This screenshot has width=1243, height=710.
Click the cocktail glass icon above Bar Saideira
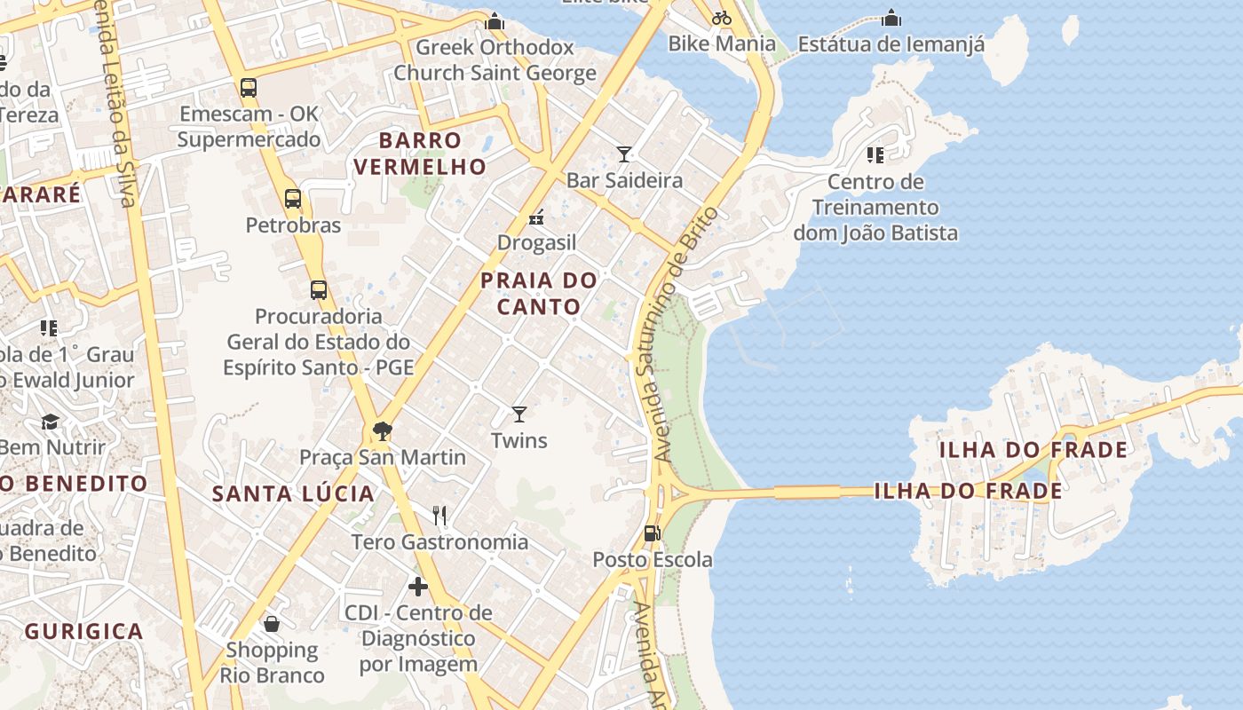624,154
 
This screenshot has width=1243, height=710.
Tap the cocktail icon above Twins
519,414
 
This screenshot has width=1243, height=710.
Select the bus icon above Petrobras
293,199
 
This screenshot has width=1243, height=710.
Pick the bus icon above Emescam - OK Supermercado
249,88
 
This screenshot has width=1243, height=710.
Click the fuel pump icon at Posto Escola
652,533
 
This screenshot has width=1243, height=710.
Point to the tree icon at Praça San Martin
383,431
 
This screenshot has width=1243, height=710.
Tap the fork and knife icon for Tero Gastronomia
439,515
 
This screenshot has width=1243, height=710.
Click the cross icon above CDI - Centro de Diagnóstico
418,587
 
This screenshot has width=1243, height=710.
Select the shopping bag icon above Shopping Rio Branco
272,624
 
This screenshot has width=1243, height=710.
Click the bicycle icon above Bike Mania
722,17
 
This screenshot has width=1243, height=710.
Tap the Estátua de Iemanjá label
891,44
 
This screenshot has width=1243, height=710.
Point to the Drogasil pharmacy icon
536,217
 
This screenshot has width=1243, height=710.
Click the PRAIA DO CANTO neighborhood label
539,294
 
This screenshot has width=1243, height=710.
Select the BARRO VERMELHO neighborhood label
420,154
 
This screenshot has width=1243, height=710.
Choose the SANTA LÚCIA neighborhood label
293,494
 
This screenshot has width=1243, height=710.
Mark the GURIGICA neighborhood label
83,632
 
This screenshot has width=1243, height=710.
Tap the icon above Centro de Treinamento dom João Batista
875,156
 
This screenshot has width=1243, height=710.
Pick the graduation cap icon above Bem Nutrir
50,422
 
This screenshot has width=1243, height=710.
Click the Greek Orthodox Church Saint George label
495,60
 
